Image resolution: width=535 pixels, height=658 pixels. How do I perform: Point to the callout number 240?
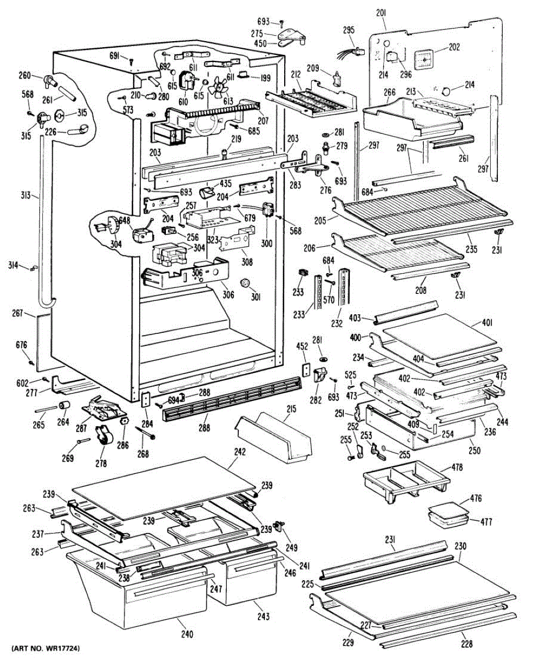[187, 634]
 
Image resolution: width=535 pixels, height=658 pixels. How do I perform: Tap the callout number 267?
[18, 313]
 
